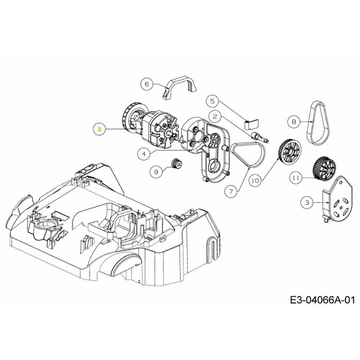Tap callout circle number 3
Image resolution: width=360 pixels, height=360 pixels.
307,203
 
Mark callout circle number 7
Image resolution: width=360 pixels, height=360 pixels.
231,191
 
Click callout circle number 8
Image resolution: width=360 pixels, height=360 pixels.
294,121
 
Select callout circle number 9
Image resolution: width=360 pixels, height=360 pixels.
157,171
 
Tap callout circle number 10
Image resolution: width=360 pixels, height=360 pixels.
255,180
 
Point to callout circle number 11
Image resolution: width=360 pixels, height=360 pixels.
295,178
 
